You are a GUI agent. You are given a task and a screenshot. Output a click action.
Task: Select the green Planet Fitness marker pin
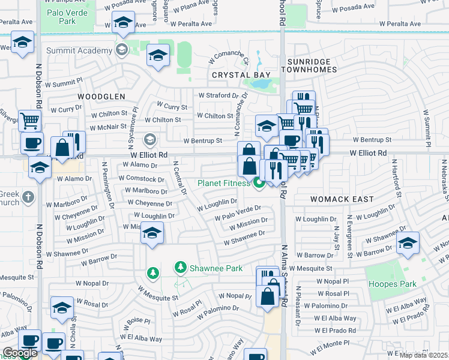pos(259,183)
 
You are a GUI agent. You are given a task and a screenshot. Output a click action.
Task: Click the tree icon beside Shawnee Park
pos(153,274)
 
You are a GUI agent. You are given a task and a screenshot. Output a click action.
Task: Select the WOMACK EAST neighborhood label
pos(342,199)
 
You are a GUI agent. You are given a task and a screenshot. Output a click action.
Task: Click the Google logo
pos(20,353)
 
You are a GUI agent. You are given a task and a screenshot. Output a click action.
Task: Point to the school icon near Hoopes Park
pos(408,243)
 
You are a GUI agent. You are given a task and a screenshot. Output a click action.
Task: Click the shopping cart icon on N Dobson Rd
pos(29,119)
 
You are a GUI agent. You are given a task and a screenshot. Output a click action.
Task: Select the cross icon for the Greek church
pos(28,196)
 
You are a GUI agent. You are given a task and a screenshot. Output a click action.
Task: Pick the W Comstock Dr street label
pos(141,179)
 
